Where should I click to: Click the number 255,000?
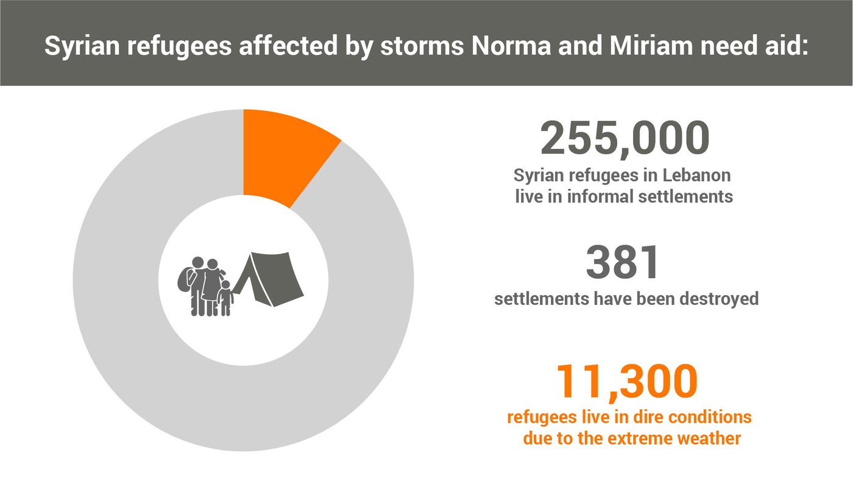(625, 139)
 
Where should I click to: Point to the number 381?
(623, 262)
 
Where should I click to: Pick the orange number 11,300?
(627, 381)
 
